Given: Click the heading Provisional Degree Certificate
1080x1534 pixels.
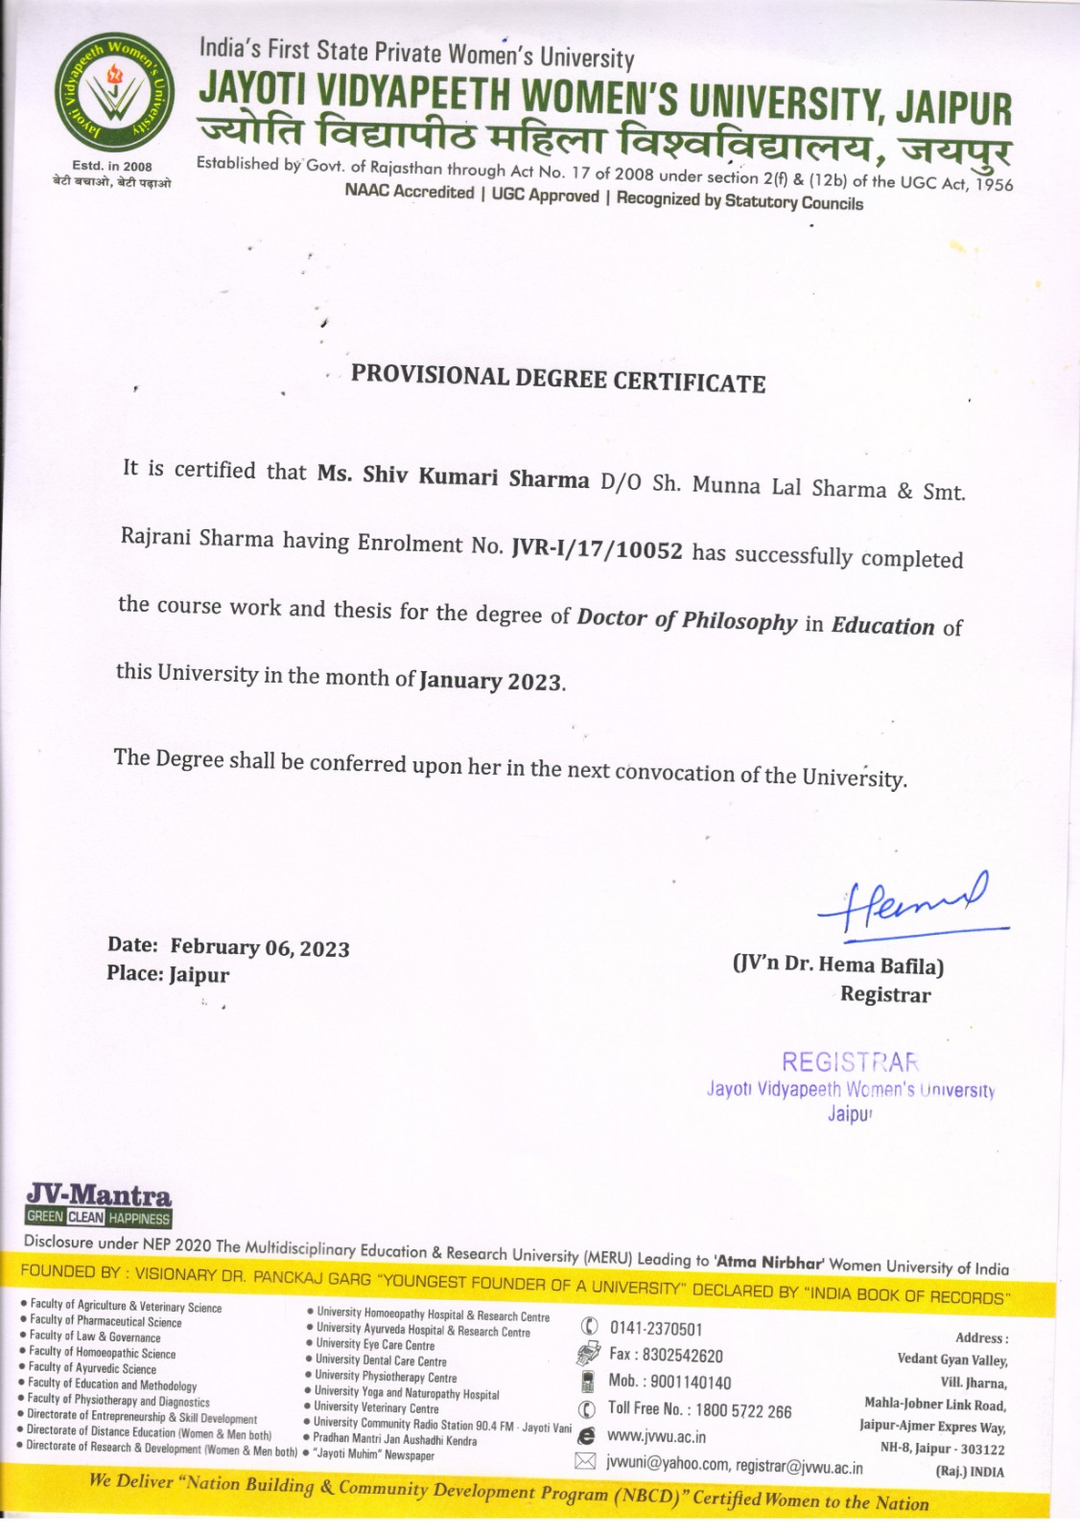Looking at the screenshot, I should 557,379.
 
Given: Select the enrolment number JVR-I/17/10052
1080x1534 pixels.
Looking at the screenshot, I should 598,549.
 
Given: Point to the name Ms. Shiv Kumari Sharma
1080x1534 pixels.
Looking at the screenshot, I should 453,476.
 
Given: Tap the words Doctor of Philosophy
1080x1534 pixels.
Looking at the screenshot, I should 687,620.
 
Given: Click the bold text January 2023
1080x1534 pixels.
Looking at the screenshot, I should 491,681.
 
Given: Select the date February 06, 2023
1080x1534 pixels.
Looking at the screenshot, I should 260,948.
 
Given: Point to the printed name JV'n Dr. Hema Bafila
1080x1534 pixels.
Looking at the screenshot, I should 838,965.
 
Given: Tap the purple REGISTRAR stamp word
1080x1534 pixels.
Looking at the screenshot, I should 850,1062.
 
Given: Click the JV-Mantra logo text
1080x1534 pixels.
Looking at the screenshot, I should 99,1196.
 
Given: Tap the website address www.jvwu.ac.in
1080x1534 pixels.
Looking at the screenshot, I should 656,1436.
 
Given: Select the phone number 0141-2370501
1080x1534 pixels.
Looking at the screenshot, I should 656,1329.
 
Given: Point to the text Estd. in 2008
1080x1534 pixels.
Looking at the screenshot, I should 112,166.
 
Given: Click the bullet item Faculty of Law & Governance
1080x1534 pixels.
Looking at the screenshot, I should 95,1337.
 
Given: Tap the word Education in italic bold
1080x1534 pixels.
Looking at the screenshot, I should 882,626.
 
